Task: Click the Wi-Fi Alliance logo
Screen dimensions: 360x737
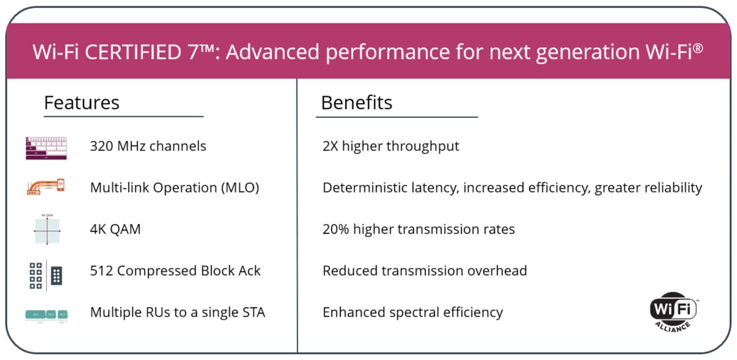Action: (x=673, y=311)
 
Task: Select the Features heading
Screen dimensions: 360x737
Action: (x=82, y=103)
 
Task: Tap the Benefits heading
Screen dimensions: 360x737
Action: (x=357, y=103)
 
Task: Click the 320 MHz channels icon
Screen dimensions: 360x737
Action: (x=46, y=148)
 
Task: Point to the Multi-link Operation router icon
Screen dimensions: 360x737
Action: (x=46, y=187)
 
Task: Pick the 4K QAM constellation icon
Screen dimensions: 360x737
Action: (x=47, y=229)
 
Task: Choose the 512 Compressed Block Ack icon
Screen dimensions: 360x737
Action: (x=46, y=276)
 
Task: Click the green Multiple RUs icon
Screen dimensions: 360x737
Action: (x=46, y=314)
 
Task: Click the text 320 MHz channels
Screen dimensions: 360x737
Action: (x=148, y=146)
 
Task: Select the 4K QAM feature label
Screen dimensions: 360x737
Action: (x=115, y=229)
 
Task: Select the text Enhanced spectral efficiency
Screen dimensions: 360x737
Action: (x=413, y=312)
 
